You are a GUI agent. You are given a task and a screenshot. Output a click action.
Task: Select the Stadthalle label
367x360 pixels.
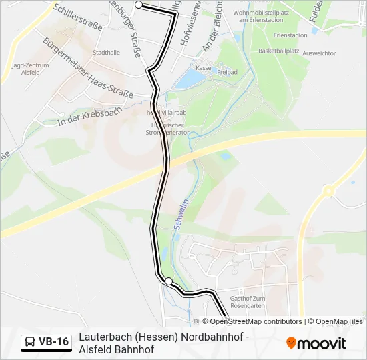(107, 51)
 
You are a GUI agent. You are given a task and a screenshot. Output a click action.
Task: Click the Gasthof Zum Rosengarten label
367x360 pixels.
(247, 301)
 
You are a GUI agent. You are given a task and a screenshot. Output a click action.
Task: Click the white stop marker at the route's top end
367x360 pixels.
(139, 5)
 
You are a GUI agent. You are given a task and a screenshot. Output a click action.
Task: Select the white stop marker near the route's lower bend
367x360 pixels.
(169, 281)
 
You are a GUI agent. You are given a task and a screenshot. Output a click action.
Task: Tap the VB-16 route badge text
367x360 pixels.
(53, 342)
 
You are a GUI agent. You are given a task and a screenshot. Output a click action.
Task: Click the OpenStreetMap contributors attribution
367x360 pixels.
(256, 321)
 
